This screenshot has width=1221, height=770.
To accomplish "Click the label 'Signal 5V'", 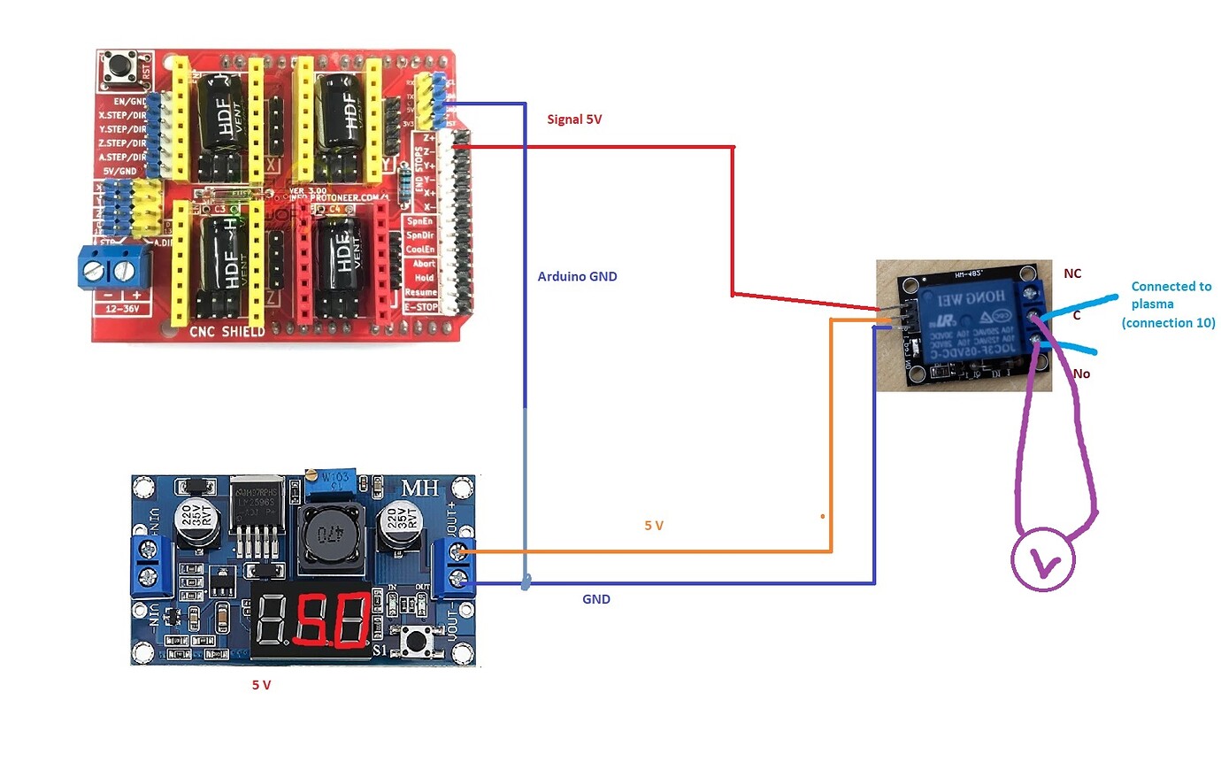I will tap(574, 119).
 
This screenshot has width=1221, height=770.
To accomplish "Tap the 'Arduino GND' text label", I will tap(577, 276).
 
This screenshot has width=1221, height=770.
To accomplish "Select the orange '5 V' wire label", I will tap(654, 526).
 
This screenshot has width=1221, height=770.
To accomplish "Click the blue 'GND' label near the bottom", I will tap(595, 599).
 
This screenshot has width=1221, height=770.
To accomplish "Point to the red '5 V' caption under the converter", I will tap(261, 685).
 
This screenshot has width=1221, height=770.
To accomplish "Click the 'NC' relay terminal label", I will tap(1072, 273).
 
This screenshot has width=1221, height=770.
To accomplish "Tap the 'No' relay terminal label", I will tap(1081, 373).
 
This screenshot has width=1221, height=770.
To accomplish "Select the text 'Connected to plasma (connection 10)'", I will tap(1169, 304).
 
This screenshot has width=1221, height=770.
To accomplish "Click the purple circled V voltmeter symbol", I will tap(1043, 560).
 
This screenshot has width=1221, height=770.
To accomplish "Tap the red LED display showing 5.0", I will tap(312, 620).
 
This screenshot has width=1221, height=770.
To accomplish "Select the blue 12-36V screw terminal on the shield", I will tap(115, 268).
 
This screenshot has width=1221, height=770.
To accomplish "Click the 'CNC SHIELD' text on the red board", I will tap(227, 332).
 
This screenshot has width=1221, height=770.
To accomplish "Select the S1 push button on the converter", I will tap(412, 640).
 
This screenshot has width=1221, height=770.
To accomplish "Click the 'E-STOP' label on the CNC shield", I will tap(421, 307).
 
